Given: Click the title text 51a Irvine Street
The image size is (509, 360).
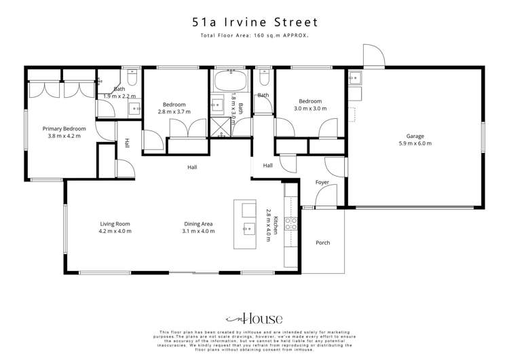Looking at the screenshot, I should (254, 22).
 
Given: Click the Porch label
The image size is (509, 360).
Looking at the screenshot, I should (323, 242).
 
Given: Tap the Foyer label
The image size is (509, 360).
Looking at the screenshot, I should (322, 183).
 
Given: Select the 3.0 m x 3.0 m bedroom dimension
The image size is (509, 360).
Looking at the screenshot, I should (309, 108).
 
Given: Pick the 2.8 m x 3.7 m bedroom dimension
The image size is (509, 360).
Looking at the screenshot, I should (172, 111).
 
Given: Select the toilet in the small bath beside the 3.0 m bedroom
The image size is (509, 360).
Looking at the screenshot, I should (264, 76).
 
